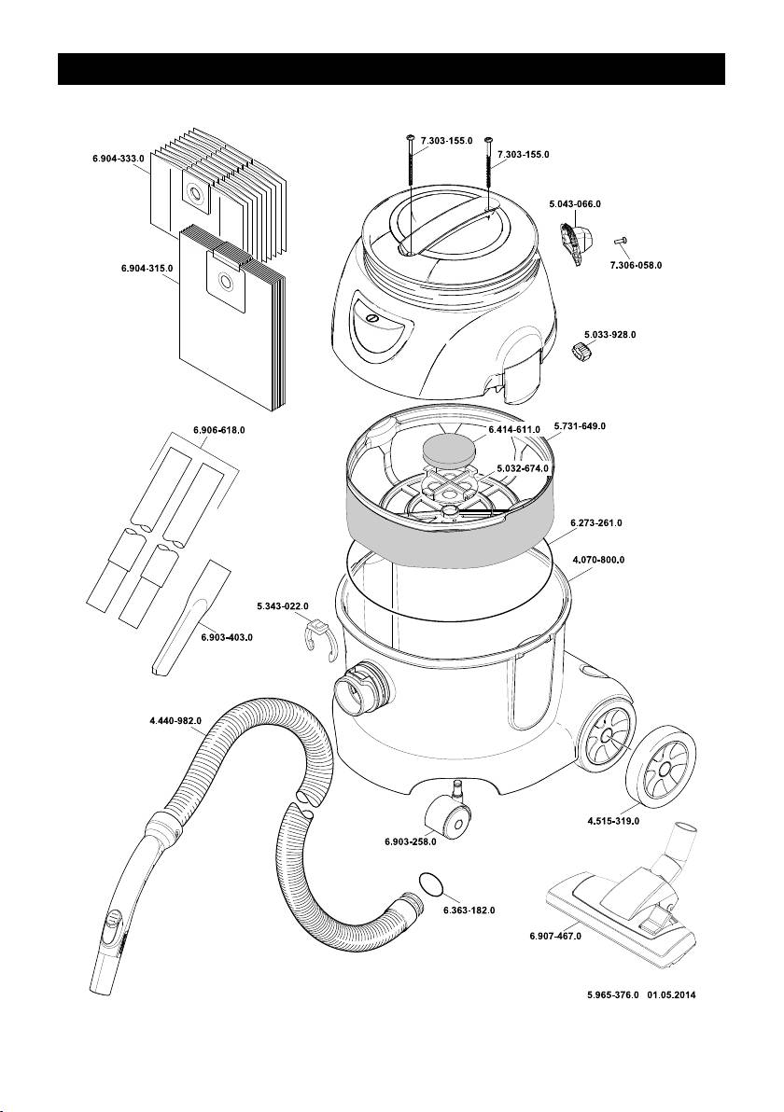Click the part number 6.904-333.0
pos(119,159)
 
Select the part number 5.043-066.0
pos(575,203)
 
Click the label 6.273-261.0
pos(596,523)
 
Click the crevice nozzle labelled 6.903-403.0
pos(191,617)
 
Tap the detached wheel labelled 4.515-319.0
pos(657,771)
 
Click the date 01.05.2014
pos(671,995)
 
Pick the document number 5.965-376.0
pos(613,995)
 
